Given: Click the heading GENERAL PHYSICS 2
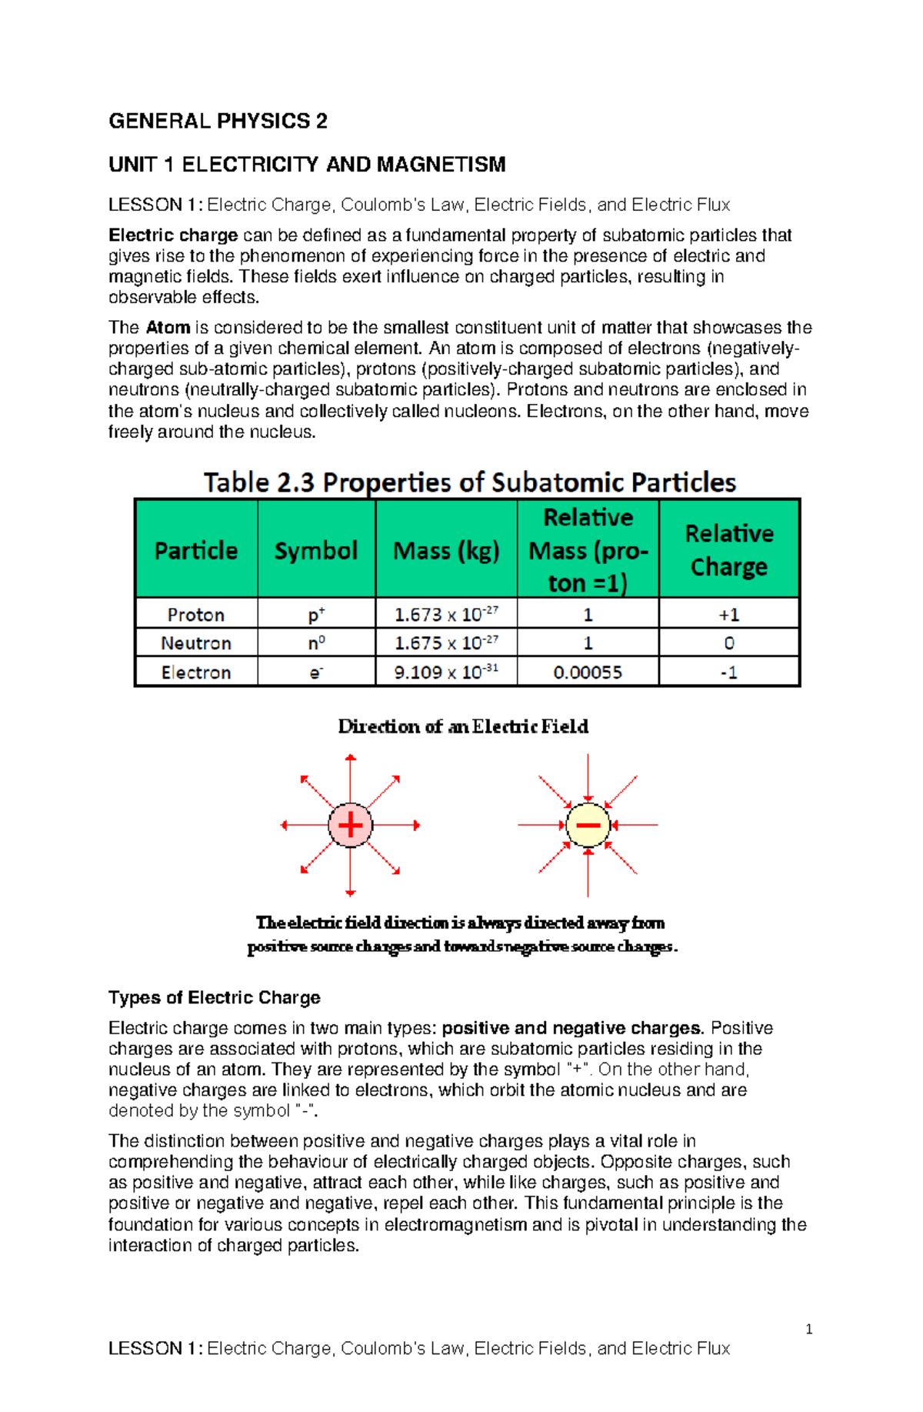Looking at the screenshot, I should tap(218, 121).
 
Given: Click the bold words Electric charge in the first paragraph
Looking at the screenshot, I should tap(173, 235).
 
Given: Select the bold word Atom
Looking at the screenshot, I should tap(168, 327).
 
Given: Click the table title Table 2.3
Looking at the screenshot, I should tap(258, 482).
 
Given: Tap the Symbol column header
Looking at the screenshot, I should tap(315, 550).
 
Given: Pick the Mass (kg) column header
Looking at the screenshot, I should tap(446, 550).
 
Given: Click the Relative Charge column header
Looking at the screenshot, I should tap(728, 549).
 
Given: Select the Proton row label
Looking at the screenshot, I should tap(196, 615).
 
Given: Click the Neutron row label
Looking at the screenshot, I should tap(196, 643).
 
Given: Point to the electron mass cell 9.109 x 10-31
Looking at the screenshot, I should tap(446, 672).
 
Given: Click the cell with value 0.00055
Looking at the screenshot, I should tap(588, 672).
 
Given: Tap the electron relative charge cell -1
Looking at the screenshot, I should tap(728, 672).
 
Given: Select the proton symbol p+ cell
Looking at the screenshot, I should tap(316, 615).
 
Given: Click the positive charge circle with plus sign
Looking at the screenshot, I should tap(350, 825).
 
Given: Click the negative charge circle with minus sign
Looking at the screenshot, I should tap(588, 825).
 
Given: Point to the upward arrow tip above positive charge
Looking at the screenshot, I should tap(350, 758).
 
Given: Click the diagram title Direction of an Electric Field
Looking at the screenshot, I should tap(463, 726).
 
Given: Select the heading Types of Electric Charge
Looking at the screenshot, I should tap(214, 997).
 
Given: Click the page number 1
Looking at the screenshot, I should tap(808, 1329).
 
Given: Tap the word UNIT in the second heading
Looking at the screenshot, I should tap(132, 165).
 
